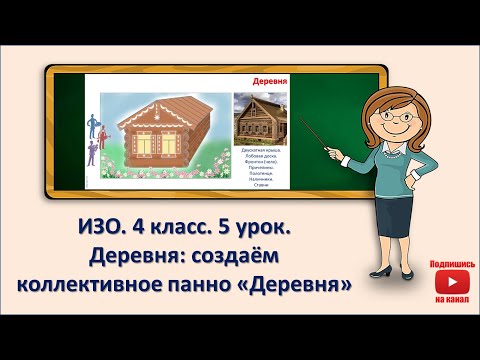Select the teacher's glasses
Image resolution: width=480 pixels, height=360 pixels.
click(x=383, y=104)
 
